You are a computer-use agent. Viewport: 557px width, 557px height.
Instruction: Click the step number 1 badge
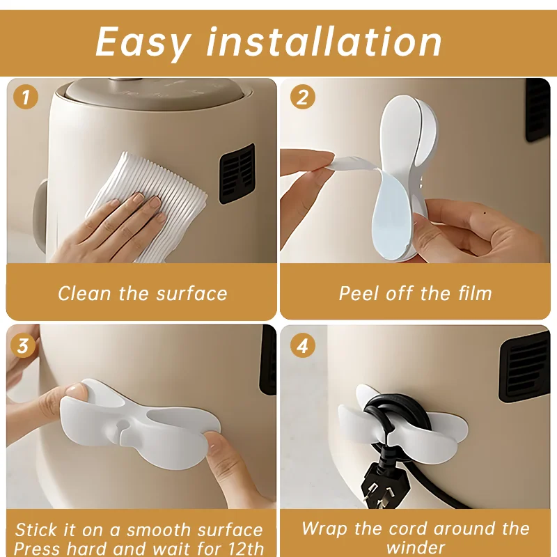26,97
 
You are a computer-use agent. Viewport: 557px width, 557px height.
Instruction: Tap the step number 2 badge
303,97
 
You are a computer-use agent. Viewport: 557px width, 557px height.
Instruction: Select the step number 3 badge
23,345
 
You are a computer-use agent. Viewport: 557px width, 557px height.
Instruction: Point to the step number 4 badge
303,345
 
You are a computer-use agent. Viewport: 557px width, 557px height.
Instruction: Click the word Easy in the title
143,42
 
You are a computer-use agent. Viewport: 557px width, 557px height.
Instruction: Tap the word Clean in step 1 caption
84,293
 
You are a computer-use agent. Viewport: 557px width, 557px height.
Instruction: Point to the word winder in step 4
416,547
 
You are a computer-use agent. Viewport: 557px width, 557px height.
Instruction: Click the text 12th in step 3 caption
245,549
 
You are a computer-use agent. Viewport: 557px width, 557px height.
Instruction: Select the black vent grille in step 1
237,173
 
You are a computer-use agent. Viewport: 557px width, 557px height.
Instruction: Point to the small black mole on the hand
485,213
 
